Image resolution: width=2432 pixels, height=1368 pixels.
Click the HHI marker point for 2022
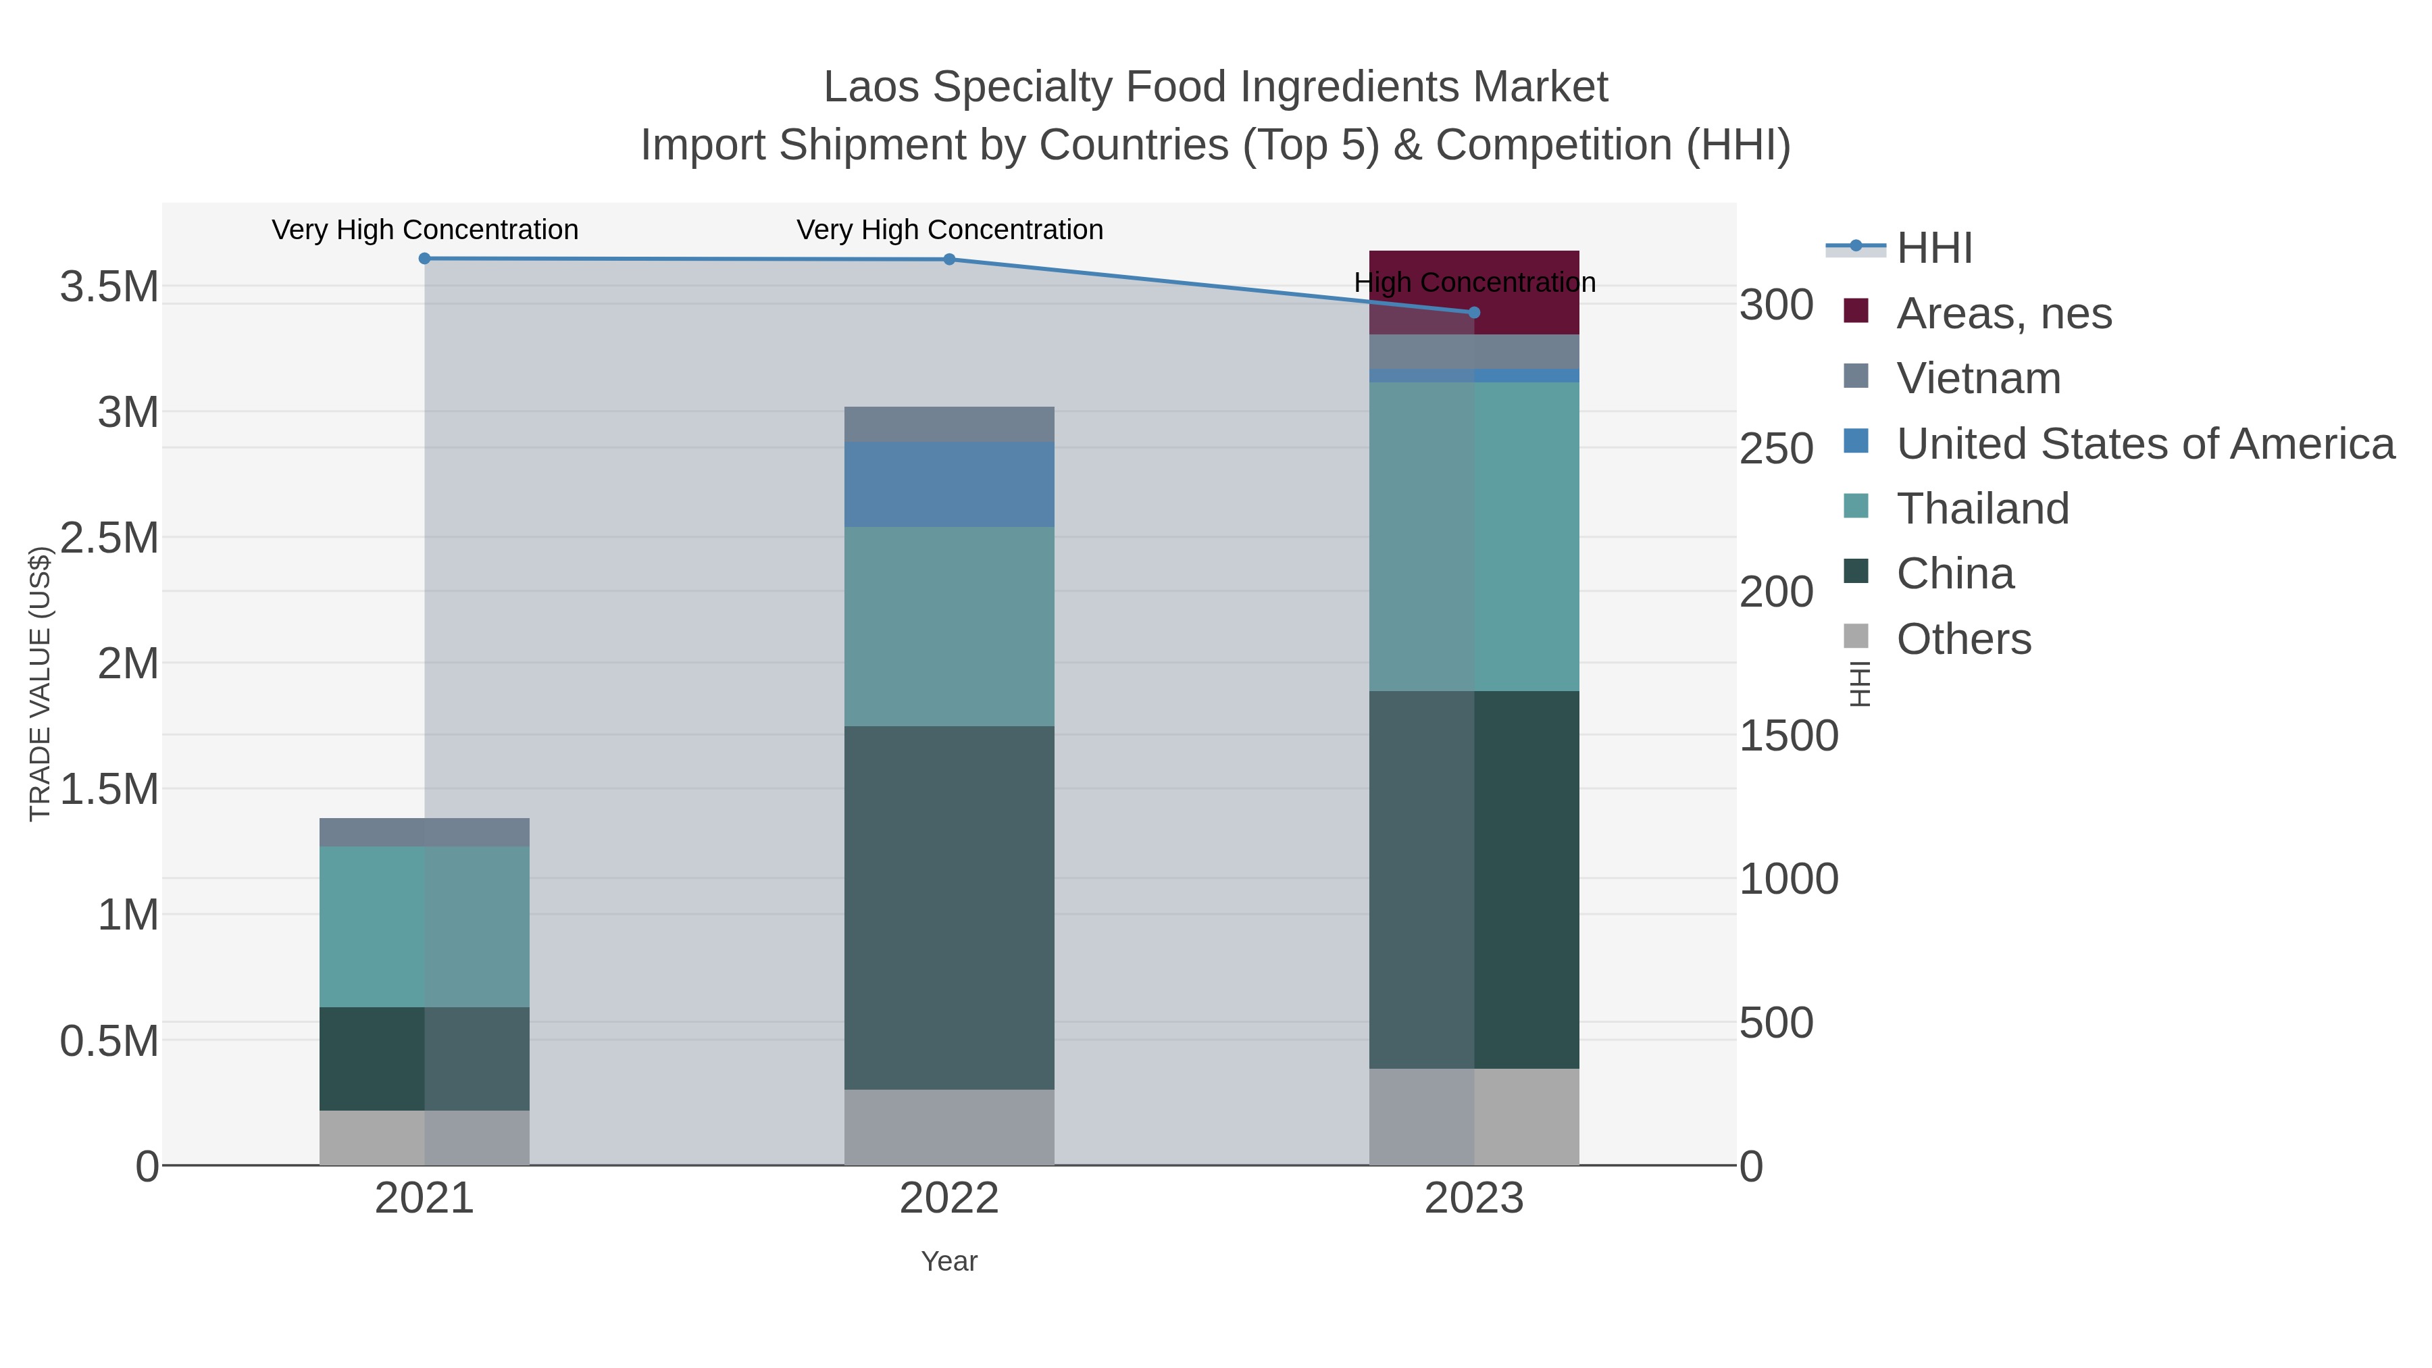coord(949,259)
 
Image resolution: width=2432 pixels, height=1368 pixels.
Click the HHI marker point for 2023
coord(1474,313)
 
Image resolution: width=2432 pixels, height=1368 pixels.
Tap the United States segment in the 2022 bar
coord(949,484)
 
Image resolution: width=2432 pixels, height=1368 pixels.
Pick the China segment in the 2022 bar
coord(949,907)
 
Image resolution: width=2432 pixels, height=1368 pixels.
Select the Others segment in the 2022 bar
coord(949,1128)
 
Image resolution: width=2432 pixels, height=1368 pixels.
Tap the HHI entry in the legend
coord(1933,249)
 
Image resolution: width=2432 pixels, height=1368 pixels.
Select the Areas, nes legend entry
coord(2004,313)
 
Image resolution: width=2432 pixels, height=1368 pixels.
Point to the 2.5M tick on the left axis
coord(109,538)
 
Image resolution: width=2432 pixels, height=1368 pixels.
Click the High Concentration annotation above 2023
coord(1474,282)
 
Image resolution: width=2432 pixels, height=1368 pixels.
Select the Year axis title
coord(949,1261)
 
